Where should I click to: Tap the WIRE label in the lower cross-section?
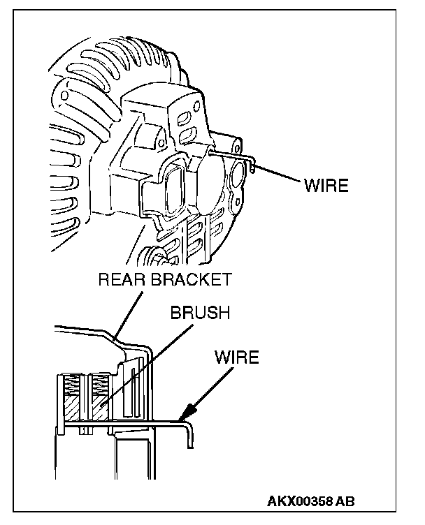pos(236,359)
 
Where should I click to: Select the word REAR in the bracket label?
pos(121,281)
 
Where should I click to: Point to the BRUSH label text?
pos(200,313)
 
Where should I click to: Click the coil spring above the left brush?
pos(71,384)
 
